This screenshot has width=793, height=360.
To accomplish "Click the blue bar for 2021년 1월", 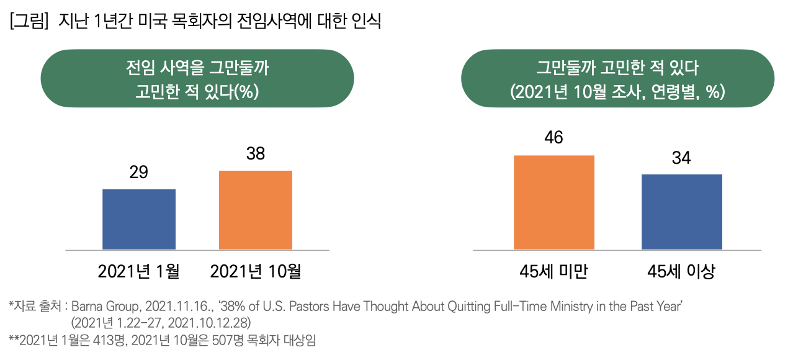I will tap(139, 219).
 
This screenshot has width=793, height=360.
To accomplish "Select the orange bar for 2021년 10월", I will tap(256, 210).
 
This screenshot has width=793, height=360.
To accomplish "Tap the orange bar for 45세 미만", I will tap(554, 202).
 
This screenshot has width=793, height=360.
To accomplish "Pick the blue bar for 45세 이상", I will tap(681, 212).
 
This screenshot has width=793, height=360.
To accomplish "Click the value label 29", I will tap(138, 173).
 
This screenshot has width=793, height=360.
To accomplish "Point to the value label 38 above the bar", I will tap(256, 154).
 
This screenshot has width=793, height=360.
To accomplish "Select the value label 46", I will tap(553, 138).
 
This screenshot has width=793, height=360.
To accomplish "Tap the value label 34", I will tap(681, 158).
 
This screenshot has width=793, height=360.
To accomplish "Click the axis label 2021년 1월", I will tap(139, 271).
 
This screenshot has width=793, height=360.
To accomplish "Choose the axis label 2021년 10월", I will tap(256, 271).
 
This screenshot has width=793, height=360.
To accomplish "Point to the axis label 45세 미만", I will tap(554, 271).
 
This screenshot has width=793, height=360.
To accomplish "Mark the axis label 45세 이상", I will tap(681, 271).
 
